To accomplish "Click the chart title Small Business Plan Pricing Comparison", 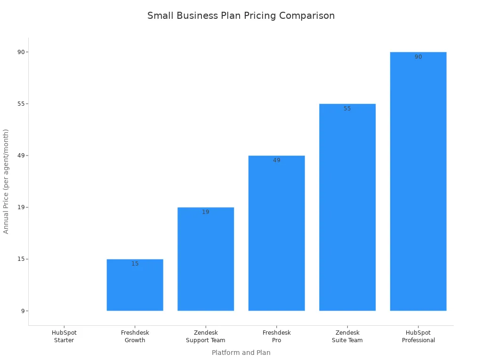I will coord(241,16).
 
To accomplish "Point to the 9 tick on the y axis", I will coord(22,311).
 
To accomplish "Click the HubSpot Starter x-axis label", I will coord(64,337).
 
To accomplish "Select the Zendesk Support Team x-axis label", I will coord(206,337).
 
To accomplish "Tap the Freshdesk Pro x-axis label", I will coord(276,337).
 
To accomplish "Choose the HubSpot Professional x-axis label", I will coord(418,337).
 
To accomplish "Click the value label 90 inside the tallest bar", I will coord(418,57).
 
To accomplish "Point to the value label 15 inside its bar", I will coord(135,264).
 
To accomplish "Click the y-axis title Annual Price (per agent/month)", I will coord(6,181).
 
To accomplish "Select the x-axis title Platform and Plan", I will coord(241,353).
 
